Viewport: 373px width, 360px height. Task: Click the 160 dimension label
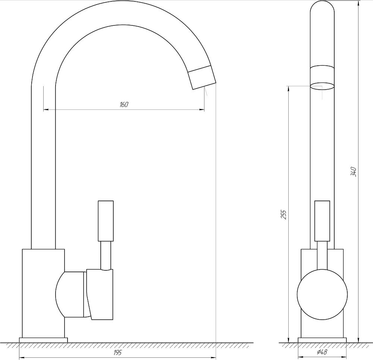pos(124,105)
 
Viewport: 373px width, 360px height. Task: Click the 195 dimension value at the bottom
pos(118,353)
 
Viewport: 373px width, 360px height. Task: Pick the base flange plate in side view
pos(43,339)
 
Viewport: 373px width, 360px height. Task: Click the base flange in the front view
pos(322,339)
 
